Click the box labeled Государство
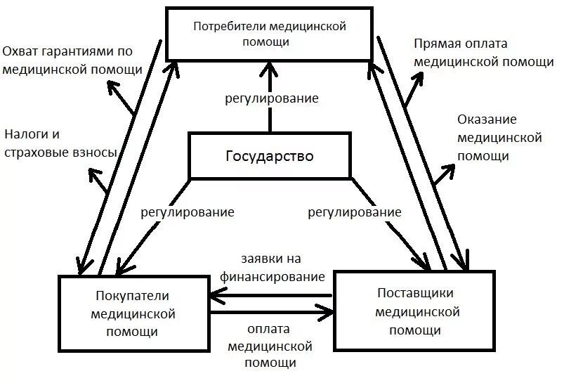(270, 155)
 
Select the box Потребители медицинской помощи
(270, 34)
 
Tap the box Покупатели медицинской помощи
(134, 313)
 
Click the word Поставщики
(415, 292)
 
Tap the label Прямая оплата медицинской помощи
(483, 53)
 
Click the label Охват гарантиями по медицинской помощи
(73, 60)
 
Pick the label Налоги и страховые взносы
(59, 143)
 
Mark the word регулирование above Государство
(272, 98)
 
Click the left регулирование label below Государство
(187, 212)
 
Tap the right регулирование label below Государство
(355, 212)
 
